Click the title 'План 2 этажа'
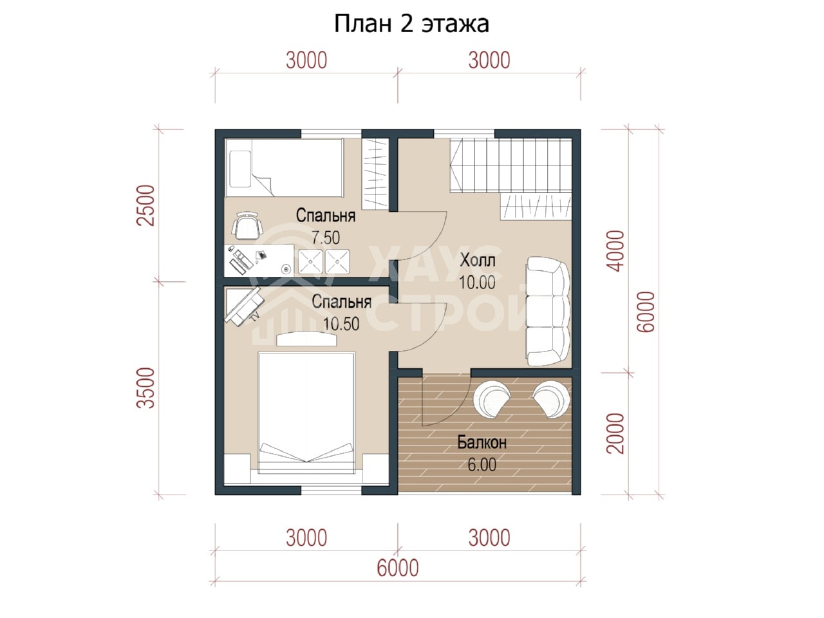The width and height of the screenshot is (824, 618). coord(411,24)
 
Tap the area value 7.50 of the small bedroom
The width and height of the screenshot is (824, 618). coord(326,238)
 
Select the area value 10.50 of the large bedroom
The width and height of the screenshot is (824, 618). coord(341,324)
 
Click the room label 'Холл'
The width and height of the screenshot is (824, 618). coord(478,260)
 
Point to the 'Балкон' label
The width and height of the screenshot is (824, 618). coord(482,443)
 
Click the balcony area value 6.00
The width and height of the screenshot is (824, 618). coord(482,465)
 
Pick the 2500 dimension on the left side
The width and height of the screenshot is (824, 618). coord(146,205)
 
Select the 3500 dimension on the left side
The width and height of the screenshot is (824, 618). coord(146,388)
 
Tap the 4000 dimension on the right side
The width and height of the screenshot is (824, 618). coord(615,251)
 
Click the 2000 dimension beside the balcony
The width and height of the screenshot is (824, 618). coord(615,434)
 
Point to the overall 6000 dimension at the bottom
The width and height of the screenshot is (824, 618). coord(398,568)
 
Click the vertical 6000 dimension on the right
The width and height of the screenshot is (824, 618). coord(646,312)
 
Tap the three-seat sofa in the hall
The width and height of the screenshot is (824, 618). coord(548,311)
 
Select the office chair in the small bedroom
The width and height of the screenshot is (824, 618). coord(247,225)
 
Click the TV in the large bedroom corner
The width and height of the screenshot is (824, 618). coord(243,306)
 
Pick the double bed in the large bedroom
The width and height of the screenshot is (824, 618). coord(306,413)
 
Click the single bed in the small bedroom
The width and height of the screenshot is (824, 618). coord(284,168)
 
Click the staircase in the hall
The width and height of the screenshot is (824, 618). coord(510,165)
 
